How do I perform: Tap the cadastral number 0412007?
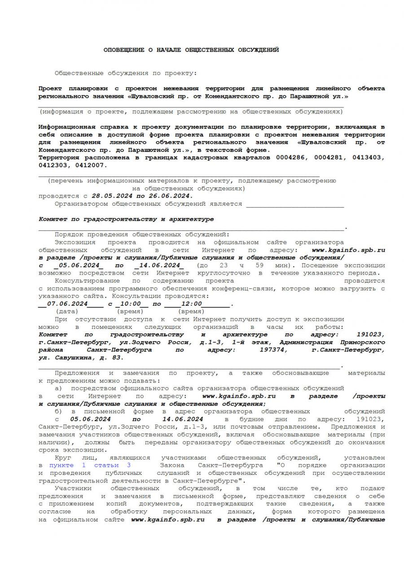click(92, 165)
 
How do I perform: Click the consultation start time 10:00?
click(131, 304)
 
